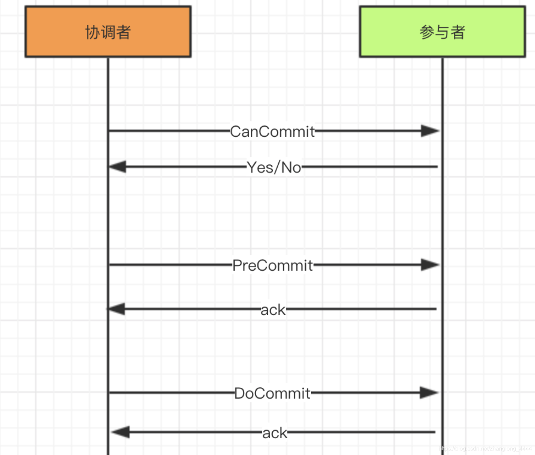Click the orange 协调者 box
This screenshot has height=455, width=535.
click(x=108, y=32)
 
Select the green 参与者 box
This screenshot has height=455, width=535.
click(x=442, y=32)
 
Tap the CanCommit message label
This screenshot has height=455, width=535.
click(x=272, y=132)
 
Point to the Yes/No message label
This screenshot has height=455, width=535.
click(x=274, y=168)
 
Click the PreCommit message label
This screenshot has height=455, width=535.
click(x=272, y=265)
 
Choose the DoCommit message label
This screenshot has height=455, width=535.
click(x=272, y=393)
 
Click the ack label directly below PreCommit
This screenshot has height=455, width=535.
click(x=273, y=310)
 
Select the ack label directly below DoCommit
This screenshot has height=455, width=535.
click(x=275, y=433)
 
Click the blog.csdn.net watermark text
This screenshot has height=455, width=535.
click(x=485, y=448)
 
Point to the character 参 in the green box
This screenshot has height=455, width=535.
click(x=427, y=32)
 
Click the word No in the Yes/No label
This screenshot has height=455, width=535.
click(x=291, y=168)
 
